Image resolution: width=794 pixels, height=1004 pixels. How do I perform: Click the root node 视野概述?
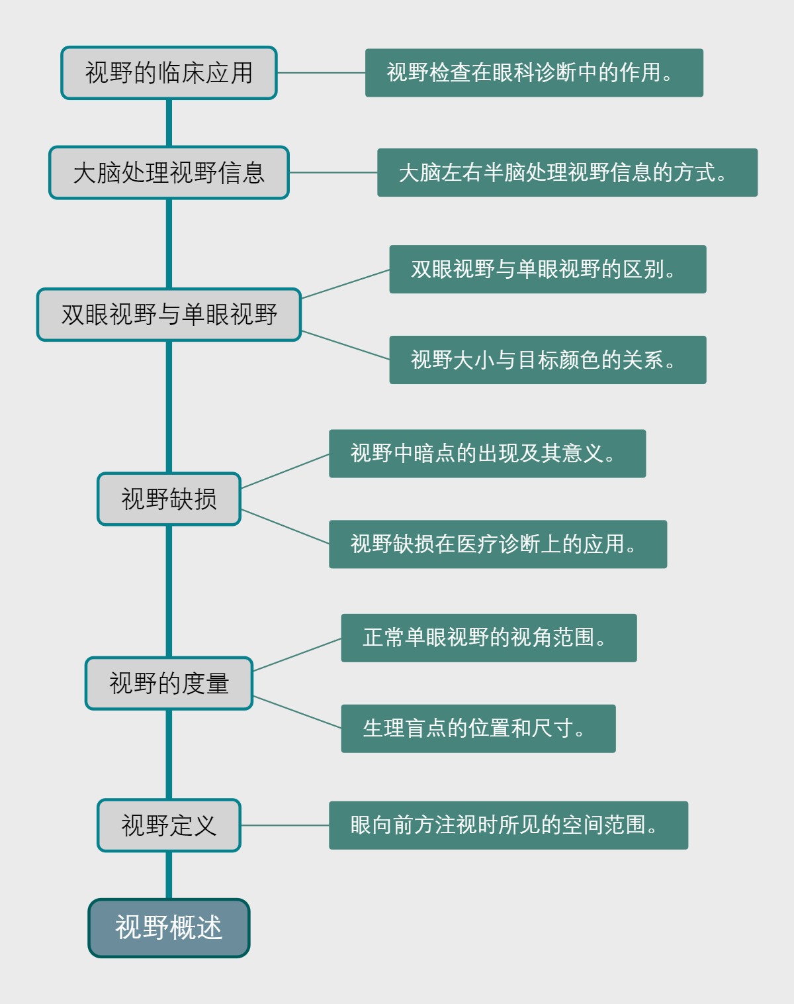point(169,928)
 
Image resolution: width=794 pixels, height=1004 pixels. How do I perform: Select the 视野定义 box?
point(169,825)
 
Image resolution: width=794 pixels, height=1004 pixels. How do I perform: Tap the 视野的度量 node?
point(169,683)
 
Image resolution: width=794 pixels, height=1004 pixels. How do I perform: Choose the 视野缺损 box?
point(169,499)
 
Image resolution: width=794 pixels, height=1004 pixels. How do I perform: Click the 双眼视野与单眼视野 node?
point(169,315)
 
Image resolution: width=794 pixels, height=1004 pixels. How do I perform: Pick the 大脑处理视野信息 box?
point(169,173)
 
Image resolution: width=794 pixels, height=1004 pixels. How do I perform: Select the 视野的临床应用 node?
point(169,73)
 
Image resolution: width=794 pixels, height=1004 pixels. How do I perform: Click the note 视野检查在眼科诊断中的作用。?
point(534,73)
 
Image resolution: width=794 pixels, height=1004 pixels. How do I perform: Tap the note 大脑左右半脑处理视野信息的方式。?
point(567,173)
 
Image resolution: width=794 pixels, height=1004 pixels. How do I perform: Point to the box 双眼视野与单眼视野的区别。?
point(548,270)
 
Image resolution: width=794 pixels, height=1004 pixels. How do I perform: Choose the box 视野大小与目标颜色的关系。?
point(548,360)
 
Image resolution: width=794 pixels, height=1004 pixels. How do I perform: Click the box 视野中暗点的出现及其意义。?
point(487,454)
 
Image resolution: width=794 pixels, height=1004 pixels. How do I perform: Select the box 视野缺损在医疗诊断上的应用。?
point(498,544)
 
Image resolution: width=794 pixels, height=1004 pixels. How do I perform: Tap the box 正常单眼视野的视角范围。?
point(489,638)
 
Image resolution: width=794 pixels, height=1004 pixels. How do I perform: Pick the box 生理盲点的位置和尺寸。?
point(478,728)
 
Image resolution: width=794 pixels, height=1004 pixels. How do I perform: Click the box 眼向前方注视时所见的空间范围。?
point(508,825)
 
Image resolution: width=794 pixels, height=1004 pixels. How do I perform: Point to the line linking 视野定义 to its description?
point(285,825)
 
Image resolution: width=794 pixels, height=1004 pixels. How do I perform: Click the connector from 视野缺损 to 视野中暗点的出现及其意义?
point(285,472)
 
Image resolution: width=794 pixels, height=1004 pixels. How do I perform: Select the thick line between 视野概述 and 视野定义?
point(169,875)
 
